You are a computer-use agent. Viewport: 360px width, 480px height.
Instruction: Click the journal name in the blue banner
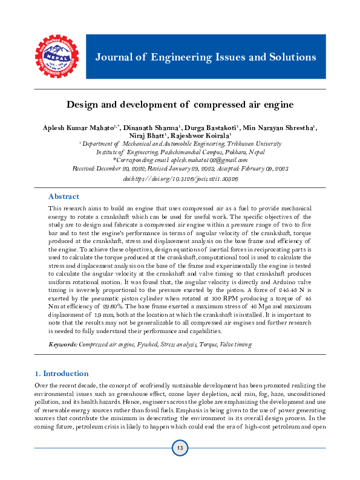click(205, 57)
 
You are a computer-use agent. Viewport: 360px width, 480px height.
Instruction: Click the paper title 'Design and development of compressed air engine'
click(180, 104)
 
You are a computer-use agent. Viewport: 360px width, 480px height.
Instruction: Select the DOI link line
click(180, 179)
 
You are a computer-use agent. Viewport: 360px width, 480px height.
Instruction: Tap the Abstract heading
click(64, 196)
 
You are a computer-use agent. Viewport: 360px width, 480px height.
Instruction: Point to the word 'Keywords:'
click(64, 344)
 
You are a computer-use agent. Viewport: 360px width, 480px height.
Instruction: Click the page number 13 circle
click(180, 448)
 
